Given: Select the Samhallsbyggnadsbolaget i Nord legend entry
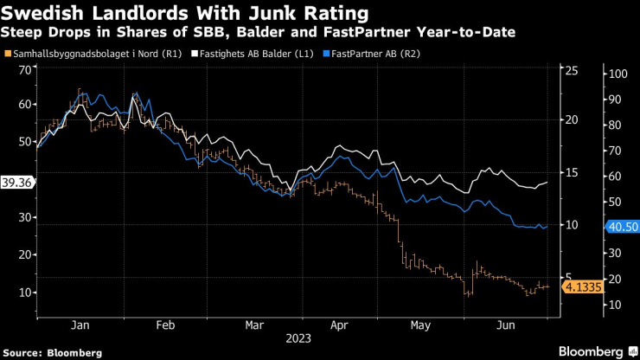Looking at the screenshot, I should point(105,55).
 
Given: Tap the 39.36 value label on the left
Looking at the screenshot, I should point(17,183).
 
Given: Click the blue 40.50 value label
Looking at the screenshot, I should point(621,227).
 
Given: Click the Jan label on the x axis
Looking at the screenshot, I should point(79,326).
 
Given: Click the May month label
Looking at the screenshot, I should point(419,326).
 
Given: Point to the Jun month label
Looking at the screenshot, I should point(506,326).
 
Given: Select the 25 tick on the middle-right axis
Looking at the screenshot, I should point(571,71).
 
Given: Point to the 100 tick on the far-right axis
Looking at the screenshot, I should point(617,74).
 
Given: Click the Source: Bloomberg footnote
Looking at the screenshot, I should point(54,352).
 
